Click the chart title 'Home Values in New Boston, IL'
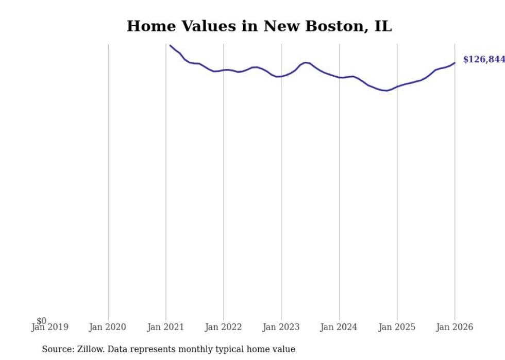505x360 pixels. pos(259,26)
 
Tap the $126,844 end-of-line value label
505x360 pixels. pos(484,60)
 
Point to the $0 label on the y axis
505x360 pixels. pos(41,321)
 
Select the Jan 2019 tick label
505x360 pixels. pos(49,327)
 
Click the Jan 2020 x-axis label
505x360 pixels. pos(107,327)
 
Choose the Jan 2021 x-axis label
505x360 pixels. pos(165,327)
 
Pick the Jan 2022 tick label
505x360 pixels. pos(223,327)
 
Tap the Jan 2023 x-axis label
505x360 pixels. pos(281,327)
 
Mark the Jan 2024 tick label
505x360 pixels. pos(339,327)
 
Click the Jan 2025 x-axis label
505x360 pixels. pos(397,327)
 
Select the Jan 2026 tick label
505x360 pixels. pos(454,327)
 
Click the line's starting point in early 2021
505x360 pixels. pos(171,45)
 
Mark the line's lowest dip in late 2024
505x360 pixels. pos(385,91)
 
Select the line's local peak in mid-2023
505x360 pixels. pos(306,62)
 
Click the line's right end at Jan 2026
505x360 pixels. pos(454,63)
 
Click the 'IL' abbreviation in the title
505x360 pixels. pos(383,26)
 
